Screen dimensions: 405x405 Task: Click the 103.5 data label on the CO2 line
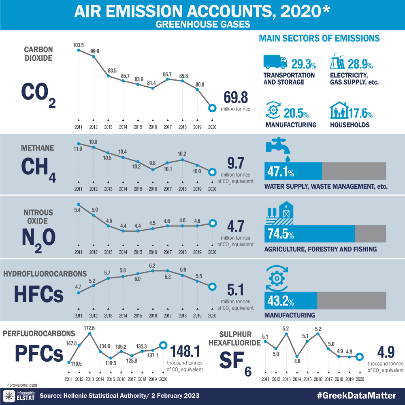pos(79,45)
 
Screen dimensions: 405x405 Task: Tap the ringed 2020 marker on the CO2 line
pos(211,108)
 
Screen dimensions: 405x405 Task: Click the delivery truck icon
pos(275,62)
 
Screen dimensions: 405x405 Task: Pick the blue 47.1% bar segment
pos(293,171)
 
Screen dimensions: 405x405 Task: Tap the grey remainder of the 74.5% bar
pos(371,234)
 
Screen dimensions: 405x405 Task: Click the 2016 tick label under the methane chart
pos(153,189)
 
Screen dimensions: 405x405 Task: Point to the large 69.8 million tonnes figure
pos(235,98)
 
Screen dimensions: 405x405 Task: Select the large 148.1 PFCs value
pos(186,351)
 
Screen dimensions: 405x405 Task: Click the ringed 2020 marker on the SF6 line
pos(359,357)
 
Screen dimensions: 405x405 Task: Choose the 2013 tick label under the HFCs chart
pos(108,316)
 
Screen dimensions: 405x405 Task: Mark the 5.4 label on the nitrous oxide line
pos(78,211)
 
